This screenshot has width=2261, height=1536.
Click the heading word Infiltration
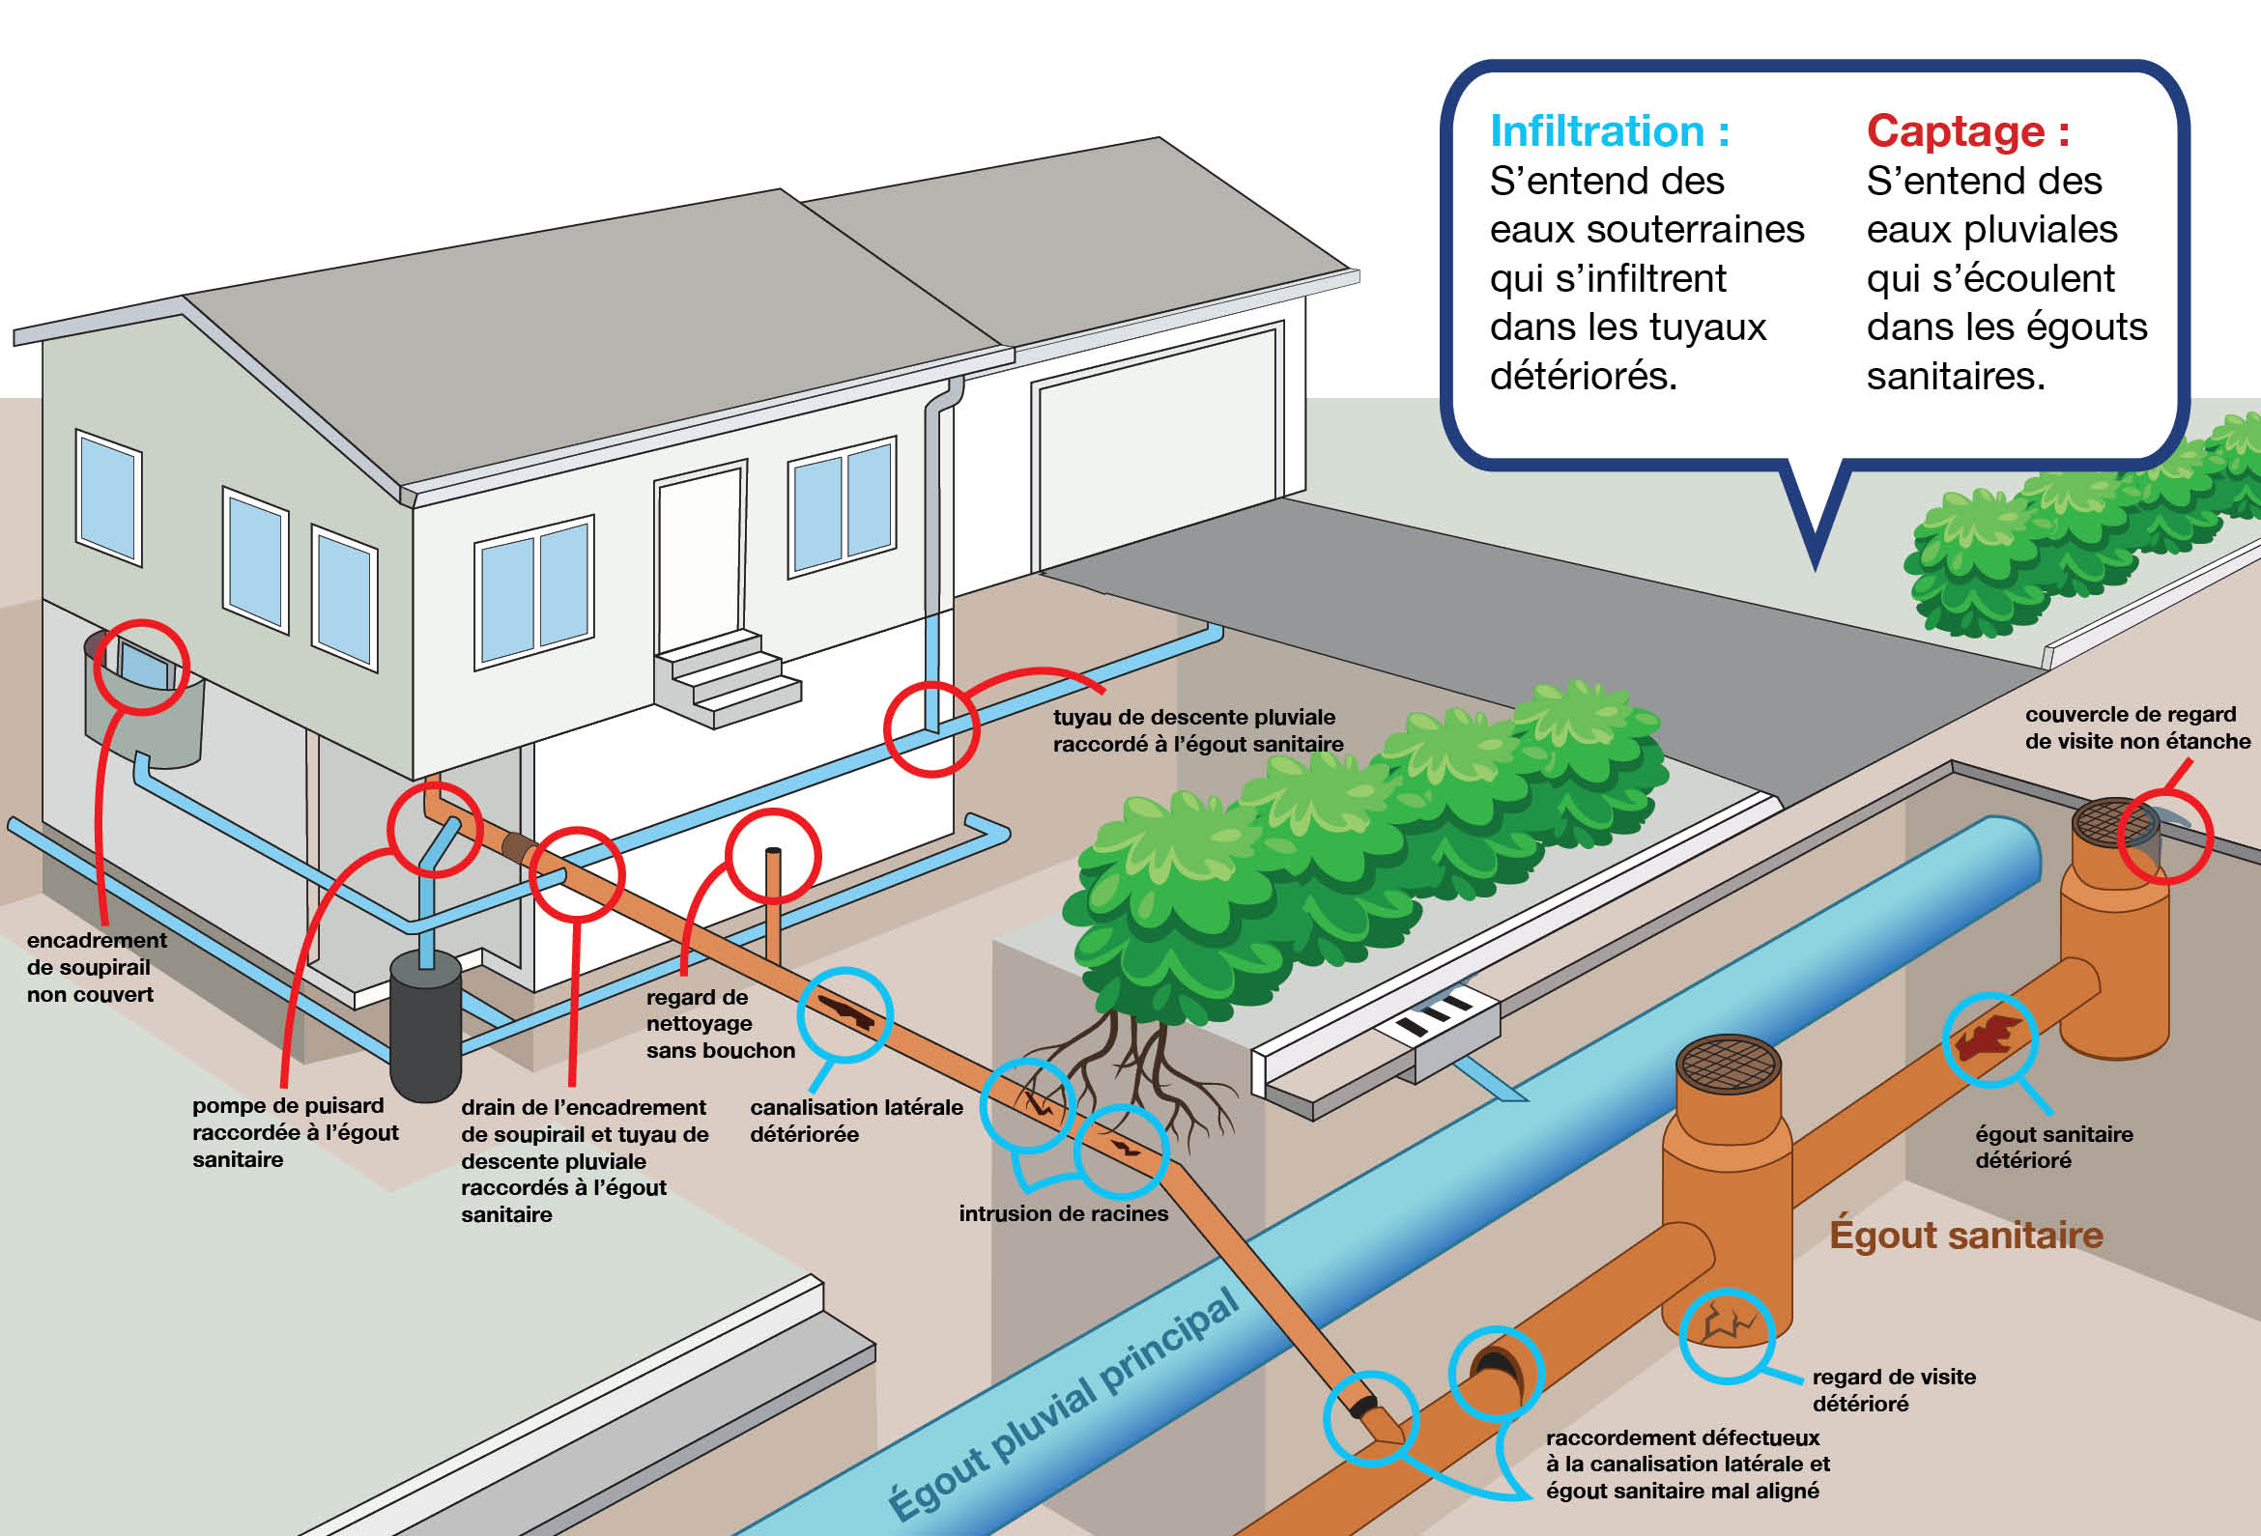1596,131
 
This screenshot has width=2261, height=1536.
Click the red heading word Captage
1956,131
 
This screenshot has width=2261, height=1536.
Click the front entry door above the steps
701,559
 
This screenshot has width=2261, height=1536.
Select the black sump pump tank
425,1026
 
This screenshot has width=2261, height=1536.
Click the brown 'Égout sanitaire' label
1966,1235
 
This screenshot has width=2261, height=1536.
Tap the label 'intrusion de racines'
1064,1214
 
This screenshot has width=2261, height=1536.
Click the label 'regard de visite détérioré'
1893,1390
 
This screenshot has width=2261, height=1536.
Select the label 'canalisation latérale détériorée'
856,1121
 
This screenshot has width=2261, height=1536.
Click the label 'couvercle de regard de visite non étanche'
2137,727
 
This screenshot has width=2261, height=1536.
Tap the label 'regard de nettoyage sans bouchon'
720,1023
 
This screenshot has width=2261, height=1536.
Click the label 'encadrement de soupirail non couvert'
96,967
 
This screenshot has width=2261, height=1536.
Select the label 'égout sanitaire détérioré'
2054,1147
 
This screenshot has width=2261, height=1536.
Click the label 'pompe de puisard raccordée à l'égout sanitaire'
295,1132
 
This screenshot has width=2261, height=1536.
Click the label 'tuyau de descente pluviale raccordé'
1197,730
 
